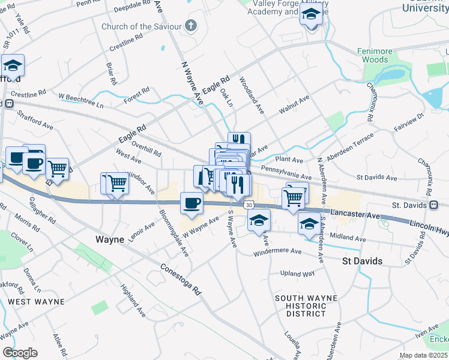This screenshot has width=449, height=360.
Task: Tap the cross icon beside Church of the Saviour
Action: pos(191,25)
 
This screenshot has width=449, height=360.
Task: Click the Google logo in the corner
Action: pos(20,352)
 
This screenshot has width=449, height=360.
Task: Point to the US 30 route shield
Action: pos(248,205)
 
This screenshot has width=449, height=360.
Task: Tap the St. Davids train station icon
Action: pos(433,205)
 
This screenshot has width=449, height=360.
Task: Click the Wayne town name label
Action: pos(110,239)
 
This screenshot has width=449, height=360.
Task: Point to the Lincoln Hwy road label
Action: pos(429,226)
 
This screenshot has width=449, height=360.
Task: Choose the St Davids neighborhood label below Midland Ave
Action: pos(362,261)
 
